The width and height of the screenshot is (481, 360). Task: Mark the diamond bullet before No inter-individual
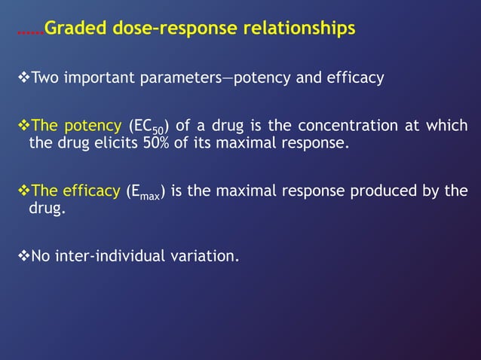[x=22, y=256]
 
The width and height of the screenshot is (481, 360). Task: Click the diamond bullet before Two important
[x=22, y=78]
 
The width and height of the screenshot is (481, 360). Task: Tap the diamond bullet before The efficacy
[x=22, y=191]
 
